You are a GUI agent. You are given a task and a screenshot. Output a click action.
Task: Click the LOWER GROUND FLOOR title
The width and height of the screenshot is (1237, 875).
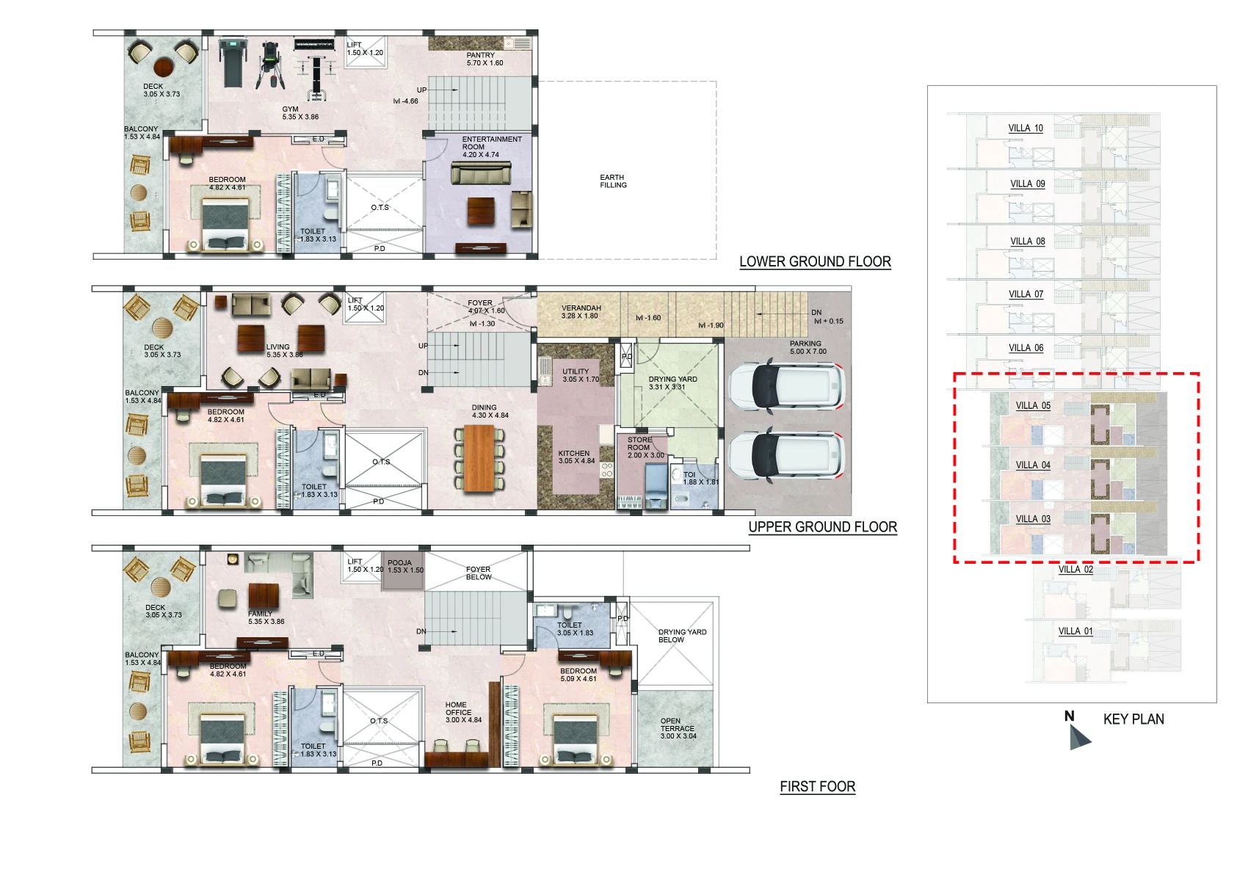coord(815,262)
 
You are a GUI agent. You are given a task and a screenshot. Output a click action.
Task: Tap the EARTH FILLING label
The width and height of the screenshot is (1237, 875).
coord(613,181)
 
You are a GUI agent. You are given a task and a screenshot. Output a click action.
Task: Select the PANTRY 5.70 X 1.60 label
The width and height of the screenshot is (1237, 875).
coord(485,59)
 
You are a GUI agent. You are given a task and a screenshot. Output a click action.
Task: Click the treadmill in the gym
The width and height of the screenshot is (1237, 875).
coord(232,62)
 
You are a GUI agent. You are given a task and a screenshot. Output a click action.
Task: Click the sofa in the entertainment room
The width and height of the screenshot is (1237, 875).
coord(480,175)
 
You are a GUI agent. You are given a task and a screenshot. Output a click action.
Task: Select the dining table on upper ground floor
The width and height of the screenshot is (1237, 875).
coord(479,457)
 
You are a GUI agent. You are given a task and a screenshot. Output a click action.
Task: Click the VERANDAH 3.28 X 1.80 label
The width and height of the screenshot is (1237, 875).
coord(581,312)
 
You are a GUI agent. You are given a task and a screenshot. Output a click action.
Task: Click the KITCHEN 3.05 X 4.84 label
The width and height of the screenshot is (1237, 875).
coord(576,457)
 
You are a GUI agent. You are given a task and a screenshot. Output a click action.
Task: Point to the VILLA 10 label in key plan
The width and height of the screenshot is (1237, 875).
coord(1026,128)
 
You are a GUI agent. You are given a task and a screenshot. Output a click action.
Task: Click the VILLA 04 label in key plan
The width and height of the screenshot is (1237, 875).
coord(1033,465)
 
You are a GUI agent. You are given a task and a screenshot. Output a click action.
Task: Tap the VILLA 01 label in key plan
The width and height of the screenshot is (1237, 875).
coord(1075,631)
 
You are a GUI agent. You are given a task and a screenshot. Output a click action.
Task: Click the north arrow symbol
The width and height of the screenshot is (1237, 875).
coord(1078,735)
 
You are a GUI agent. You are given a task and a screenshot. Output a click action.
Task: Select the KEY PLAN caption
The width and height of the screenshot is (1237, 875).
coord(1133,719)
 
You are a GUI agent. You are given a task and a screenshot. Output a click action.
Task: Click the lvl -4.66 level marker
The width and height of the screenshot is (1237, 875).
coord(405,101)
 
